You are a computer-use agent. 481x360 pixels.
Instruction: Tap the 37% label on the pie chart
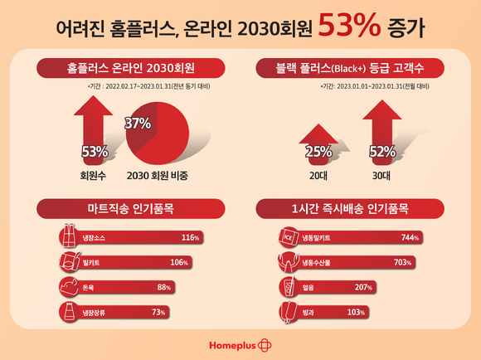pyautogui.click(x=138, y=124)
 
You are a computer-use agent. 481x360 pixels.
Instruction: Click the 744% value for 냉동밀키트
pyautogui.click(x=408, y=238)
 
